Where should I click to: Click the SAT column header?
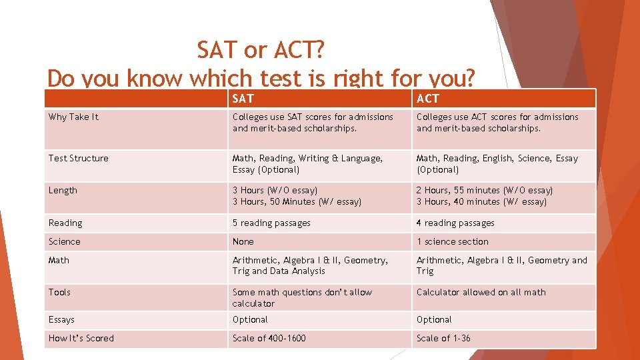tap(243, 99)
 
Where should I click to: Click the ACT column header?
tap(428, 99)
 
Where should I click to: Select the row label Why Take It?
tap(73, 117)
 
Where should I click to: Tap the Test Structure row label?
tap(78, 158)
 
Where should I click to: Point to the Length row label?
tap(63, 190)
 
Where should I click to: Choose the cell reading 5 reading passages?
tap(271, 223)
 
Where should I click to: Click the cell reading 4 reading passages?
tap(455, 223)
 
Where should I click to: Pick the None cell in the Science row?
tap(243, 241)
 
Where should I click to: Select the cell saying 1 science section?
tap(453, 241)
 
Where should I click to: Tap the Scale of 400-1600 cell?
tap(269, 338)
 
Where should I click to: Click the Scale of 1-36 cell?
tap(443, 338)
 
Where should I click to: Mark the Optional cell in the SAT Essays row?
tap(250, 319)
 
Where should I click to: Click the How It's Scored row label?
tap(81, 338)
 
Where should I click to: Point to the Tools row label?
tap(59, 292)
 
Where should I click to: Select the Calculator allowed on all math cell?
tap(481, 292)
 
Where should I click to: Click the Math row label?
tap(59, 260)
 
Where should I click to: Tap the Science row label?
tap(65, 241)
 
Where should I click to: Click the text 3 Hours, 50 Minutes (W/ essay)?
tap(297, 201)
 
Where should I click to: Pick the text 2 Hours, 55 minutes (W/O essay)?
tap(485, 190)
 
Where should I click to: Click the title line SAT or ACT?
tap(261, 49)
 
